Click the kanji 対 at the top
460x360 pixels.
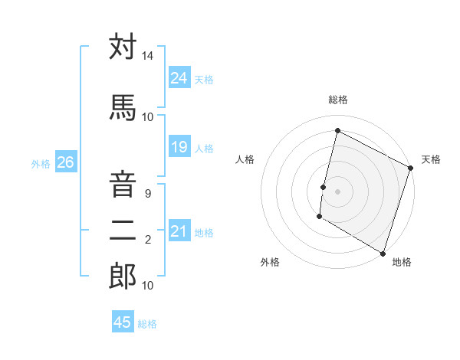click(123, 47)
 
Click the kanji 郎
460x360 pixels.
click(123, 276)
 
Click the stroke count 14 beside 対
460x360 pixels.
click(148, 57)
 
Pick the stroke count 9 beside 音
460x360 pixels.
click(148, 194)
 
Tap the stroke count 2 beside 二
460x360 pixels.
click(148, 241)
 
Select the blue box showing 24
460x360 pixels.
click(179, 77)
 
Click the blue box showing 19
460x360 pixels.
click(179, 147)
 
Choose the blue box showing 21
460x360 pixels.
click(179, 231)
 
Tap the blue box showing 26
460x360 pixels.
click(65, 162)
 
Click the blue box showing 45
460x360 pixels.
click(122, 322)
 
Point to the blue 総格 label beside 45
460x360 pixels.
click(147, 324)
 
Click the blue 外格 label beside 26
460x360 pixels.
click(41, 163)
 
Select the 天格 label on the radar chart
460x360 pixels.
click(431, 159)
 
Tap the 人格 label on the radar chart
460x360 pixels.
click(245, 159)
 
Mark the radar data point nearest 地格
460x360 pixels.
click(383, 253)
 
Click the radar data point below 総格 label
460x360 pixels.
click(337, 130)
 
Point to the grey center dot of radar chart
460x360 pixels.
click(337, 191)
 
